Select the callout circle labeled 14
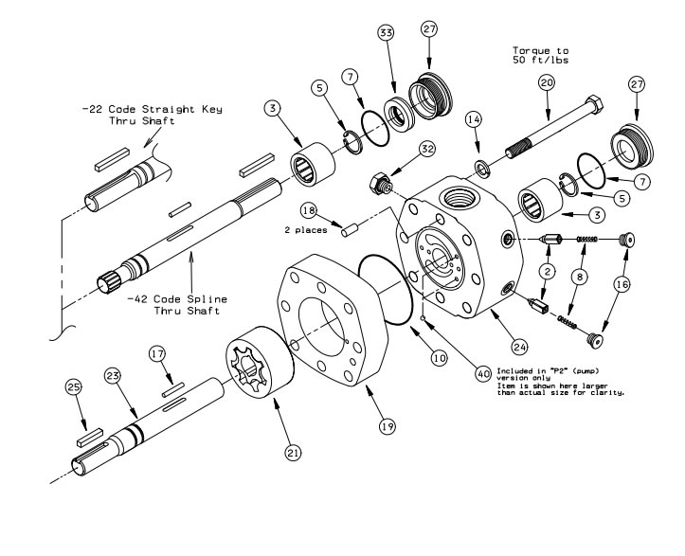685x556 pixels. pos(475,120)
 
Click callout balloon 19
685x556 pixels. pos(387,427)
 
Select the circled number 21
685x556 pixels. pos(294,454)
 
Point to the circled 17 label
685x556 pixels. pos(157,353)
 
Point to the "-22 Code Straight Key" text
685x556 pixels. pos(152,109)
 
